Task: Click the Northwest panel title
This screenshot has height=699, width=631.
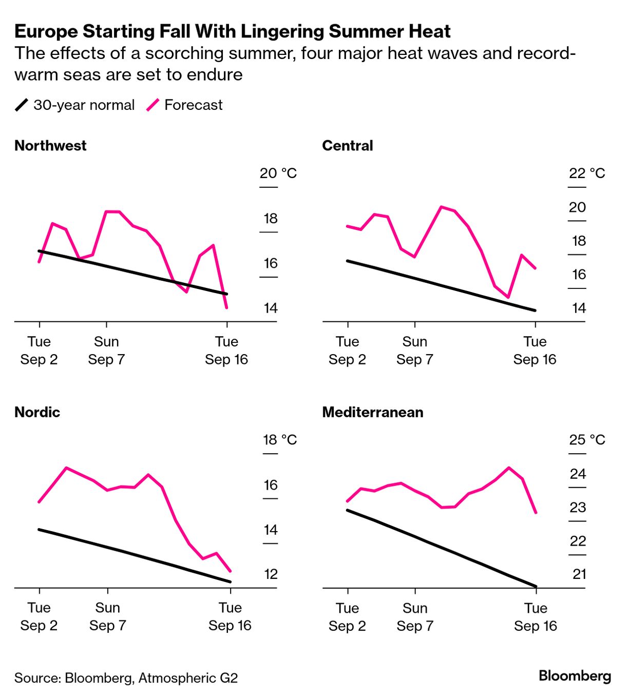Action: [x=50, y=146]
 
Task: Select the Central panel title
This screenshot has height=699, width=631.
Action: [x=348, y=146]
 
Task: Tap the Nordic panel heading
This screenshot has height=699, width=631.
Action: [x=37, y=412]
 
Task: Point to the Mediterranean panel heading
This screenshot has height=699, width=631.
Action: [x=373, y=412]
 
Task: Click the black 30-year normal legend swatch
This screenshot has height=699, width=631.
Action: [x=22, y=105]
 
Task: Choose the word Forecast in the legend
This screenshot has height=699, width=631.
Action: [x=194, y=105]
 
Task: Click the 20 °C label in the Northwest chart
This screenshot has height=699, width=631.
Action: [x=278, y=173]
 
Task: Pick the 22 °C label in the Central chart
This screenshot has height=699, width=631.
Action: [x=586, y=173]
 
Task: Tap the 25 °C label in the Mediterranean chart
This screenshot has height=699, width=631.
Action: [x=587, y=440]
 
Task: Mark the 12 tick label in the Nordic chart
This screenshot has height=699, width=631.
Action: [x=271, y=574]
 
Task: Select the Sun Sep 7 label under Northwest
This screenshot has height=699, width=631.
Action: [x=106, y=351]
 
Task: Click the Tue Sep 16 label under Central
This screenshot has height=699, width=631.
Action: [x=535, y=351]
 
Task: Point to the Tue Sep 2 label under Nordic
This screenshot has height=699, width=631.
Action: [x=39, y=617]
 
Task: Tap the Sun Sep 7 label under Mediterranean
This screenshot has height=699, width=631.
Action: [x=415, y=617]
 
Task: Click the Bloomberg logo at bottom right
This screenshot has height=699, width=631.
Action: [x=575, y=676]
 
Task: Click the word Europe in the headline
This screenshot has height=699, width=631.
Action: [x=46, y=32]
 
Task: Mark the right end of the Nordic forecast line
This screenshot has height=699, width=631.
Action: [x=230, y=571]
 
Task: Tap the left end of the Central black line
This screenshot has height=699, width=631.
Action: [x=348, y=261]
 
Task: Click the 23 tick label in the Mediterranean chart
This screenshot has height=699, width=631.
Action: [x=578, y=508]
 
